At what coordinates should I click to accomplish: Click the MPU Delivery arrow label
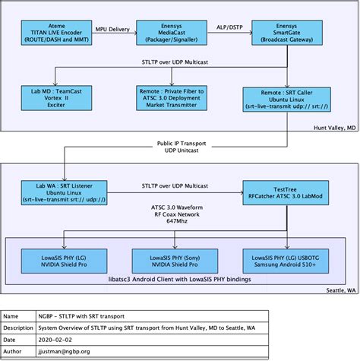click(112, 30)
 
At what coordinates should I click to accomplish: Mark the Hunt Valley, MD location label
click(335, 128)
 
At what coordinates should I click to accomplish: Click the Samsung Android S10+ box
click(282, 262)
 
